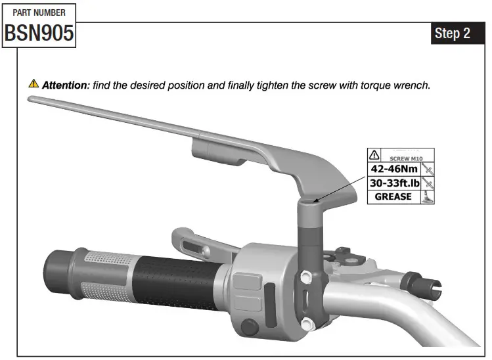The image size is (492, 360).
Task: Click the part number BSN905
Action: click(x=39, y=34)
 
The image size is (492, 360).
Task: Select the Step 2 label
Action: click(x=453, y=34)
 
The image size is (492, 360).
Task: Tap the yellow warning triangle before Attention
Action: click(x=34, y=84)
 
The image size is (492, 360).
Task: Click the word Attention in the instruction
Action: click(x=65, y=85)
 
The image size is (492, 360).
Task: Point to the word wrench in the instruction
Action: click(x=411, y=85)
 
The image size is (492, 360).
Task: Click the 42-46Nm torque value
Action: click(x=392, y=169)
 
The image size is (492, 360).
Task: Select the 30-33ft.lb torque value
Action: click(x=393, y=183)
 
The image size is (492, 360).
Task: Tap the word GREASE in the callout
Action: click(x=393, y=196)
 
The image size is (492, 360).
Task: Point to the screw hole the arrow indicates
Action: click(x=314, y=202)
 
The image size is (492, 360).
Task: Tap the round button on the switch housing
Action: click(x=248, y=325)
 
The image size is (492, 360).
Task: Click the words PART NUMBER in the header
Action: click(x=39, y=12)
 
